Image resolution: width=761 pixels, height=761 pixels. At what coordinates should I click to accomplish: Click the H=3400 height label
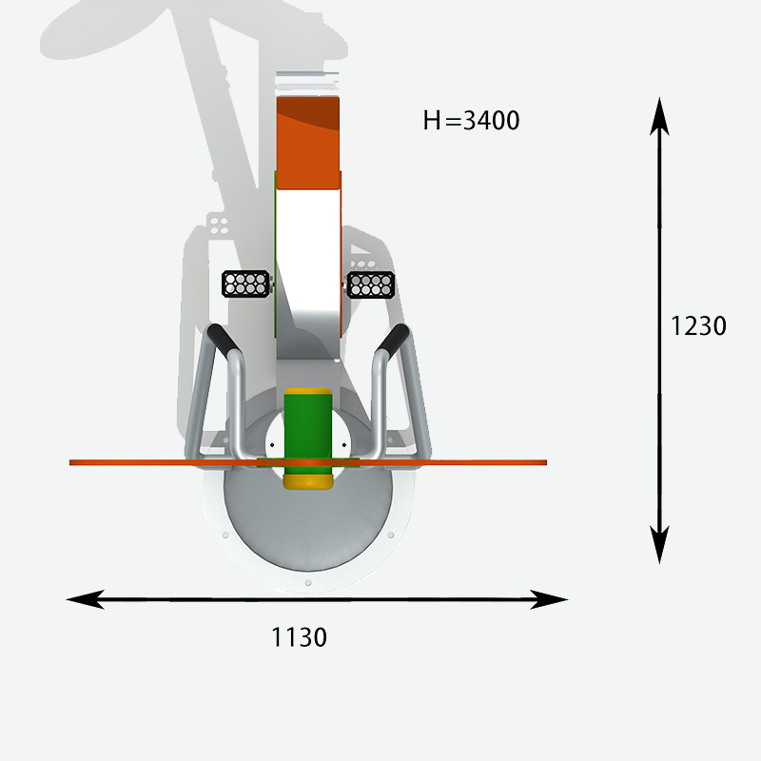pyautogui.click(x=471, y=121)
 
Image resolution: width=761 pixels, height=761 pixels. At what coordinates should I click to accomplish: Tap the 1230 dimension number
pyautogui.click(x=698, y=325)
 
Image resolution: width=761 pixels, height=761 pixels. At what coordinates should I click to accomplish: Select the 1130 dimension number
pyautogui.click(x=299, y=636)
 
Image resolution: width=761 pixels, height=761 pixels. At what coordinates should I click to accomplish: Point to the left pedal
pyautogui.click(x=245, y=283)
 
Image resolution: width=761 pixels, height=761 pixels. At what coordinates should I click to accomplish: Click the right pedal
pyautogui.click(x=371, y=284)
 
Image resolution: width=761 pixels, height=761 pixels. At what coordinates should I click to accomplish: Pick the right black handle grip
pyautogui.click(x=393, y=340)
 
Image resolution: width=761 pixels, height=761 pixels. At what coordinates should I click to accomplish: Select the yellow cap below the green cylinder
pyautogui.click(x=308, y=482)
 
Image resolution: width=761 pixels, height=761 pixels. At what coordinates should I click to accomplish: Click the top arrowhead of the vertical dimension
pyautogui.click(x=659, y=116)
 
